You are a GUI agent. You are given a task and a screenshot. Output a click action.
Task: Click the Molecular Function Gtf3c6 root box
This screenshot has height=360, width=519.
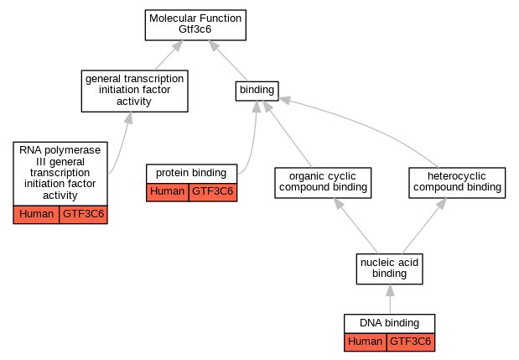pos(195,25)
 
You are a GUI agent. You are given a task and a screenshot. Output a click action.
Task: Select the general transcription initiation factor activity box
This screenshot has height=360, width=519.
pos(135,91)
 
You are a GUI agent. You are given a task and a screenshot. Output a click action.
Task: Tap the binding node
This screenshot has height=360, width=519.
pos(257,91)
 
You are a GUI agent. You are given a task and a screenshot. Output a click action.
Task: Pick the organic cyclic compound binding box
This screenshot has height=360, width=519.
pos(323,183)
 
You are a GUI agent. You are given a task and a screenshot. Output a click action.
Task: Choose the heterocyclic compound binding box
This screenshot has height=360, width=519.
pos(457,183)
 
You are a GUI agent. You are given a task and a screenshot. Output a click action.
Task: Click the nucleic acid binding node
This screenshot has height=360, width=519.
pos(390,269)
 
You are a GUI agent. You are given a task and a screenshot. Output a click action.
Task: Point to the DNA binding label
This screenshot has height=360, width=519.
pos(390,323)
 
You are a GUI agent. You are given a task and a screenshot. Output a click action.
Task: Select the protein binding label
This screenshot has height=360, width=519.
pos(191,173)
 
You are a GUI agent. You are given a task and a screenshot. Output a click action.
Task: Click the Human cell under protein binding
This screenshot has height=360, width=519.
pos(168,192)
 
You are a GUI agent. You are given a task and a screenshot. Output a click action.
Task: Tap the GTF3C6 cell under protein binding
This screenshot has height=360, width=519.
pos(213,192)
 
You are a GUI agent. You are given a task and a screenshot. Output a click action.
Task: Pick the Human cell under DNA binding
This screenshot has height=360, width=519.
pos(366,342)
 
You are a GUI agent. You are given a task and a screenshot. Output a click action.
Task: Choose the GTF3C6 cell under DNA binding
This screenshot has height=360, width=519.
pos(411,342)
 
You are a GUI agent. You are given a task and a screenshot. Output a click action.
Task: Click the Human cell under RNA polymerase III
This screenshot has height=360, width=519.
pos(36,215)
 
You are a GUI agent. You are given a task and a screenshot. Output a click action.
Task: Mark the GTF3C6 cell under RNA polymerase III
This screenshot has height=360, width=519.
pos(83,215)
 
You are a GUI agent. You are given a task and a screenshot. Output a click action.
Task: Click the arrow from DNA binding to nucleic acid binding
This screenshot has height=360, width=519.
pos(390,299)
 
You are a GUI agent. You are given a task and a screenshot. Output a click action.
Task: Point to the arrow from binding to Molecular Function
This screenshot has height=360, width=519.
pos(228,60)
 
